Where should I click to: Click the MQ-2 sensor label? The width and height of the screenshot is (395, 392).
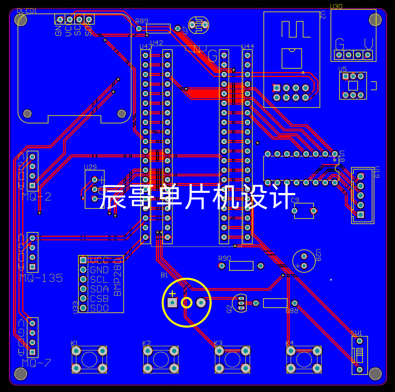pos(37,197)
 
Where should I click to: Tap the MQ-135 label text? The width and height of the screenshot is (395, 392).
pos(41,278)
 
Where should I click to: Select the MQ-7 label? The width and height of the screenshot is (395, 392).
pos(37,363)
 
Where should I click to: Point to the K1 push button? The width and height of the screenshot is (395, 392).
pos(89,359)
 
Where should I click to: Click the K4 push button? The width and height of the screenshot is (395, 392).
pos(304,359)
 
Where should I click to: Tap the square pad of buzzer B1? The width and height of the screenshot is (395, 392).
pos(172,303)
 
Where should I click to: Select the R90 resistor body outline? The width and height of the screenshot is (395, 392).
pos(241,266)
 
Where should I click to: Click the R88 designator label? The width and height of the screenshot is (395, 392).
pos(291,311)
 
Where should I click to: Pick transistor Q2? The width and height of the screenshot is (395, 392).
pos(240,303)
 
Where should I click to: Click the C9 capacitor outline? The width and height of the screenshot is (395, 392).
pos(304,211)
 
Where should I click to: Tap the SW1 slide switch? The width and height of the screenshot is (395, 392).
pos(360,355)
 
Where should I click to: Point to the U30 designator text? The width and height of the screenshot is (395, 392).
pos(336,6)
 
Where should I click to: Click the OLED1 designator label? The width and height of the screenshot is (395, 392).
pos(27,11)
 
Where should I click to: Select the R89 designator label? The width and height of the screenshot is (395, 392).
pos(142,21)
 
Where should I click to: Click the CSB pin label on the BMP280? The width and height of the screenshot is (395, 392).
pos(99,298)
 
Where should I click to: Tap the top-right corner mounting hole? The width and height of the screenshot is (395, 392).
pos(375,20)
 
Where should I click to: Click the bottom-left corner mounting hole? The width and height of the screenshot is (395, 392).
pos(21,374)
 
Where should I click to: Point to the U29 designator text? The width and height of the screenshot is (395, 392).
pos(90,167)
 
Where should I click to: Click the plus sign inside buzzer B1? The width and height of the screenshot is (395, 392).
pos(172,294)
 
